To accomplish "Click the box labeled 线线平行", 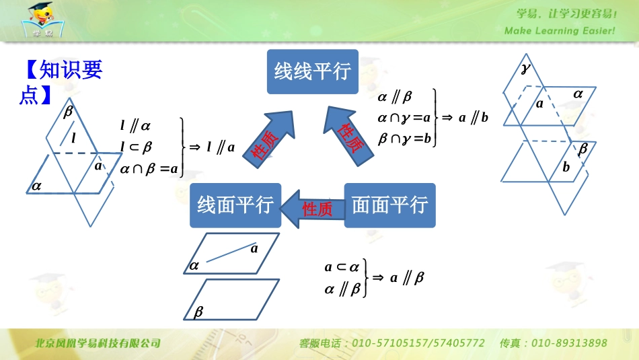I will [x=313, y=71].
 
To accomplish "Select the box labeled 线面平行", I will [x=235, y=205].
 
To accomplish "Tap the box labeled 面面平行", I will [x=390, y=205].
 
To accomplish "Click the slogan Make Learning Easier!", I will [x=560, y=31].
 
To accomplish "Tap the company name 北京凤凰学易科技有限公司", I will [x=98, y=343].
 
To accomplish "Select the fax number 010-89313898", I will [x=569, y=343].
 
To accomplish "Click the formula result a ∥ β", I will [x=407, y=277].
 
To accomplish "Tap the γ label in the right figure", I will [x=526, y=69].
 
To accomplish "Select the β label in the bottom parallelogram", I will [x=198, y=312].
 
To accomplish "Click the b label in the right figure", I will [x=566, y=167].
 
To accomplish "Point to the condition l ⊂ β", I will [x=137, y=147].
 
